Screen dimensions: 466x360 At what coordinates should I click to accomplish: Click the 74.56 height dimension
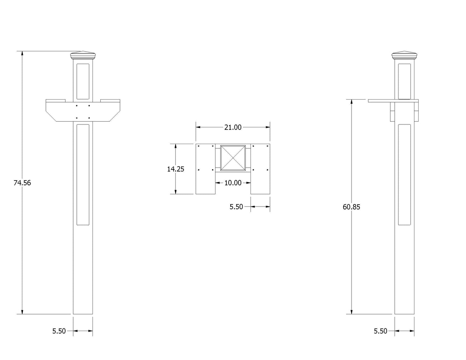(x=22, y=183)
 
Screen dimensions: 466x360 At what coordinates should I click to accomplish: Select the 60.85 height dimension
(x=351, y=207)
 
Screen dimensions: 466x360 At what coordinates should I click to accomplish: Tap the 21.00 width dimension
(x=233, y=128)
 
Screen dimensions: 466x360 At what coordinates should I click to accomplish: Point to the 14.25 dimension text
(x=176, y=169)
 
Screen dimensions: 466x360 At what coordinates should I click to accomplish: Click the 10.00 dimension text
(x=233, y=183)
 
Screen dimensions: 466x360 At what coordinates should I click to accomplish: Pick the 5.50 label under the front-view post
(x=59, y=331)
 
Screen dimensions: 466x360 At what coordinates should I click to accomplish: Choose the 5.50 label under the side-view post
(x=381, y=331)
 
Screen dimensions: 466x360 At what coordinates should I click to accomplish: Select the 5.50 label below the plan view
(x=236, y=207)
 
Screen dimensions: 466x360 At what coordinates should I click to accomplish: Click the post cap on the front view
(x=83, y=55)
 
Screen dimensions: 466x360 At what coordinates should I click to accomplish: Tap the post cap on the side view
(x=404, y=55)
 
